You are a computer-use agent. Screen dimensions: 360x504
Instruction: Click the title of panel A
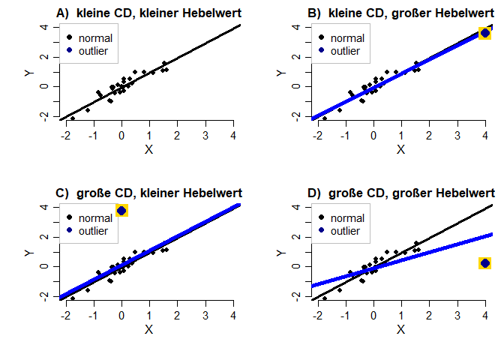(x=149, y=13)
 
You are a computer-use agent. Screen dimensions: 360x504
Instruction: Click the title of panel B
(x=401, y=13)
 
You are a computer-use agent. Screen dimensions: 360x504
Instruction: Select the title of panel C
(x=149, y=193)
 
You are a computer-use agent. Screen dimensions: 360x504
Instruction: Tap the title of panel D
(x=401, y=193)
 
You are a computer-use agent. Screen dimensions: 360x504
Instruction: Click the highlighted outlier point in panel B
(x=485, y=32)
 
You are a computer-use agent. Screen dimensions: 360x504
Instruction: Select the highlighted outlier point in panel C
(x=121, y=211)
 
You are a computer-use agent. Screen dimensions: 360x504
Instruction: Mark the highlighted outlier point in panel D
(x=485, y=263)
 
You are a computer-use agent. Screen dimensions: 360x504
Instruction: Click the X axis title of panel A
(x=148, y=150)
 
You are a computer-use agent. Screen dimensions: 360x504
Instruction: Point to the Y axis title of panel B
(x=280, y=73)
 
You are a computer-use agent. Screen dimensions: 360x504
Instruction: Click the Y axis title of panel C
(x=28, y=253)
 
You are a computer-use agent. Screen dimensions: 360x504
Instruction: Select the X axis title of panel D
(x=400, y=330)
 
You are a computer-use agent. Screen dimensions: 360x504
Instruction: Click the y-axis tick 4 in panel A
(x=45, y=27)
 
